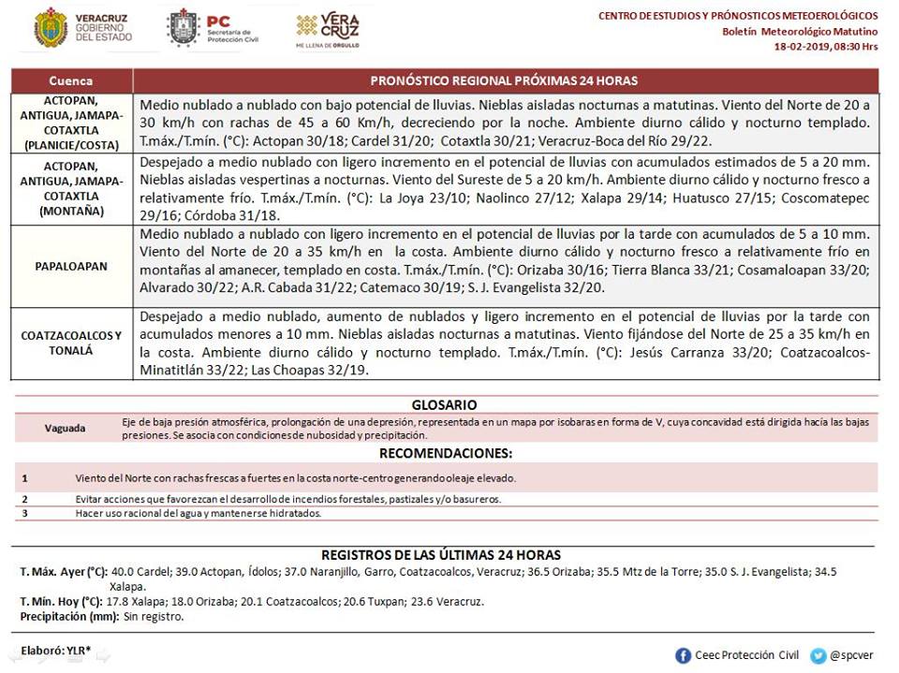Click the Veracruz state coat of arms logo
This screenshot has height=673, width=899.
pos(50,28)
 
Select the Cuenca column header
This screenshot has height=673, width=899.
pos(71,80)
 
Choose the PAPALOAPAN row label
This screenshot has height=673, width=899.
pos(71,266)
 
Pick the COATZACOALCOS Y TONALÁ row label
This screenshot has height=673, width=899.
pos(71,343)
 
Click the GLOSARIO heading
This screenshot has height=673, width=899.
pos(445,405)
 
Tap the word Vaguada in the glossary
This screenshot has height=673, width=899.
pos(65,428)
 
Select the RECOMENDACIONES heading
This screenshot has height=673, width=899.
pos(445,454)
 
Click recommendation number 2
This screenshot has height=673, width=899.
pos(25,499)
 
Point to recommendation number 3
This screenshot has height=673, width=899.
pos(25,513)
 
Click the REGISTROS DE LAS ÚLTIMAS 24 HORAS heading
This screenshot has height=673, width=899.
pos(441,555)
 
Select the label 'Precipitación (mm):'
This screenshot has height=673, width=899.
pos(68,617)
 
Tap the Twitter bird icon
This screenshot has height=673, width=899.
pos(818,655)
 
